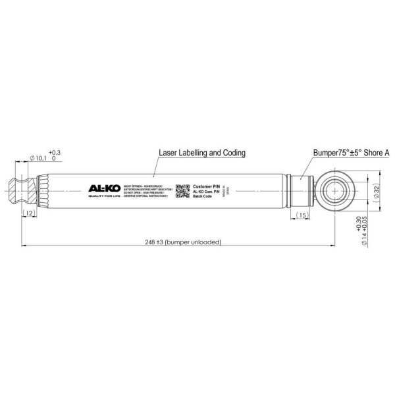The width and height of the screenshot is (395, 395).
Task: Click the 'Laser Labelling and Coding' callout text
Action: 202,153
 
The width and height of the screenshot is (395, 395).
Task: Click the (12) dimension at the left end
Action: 30,213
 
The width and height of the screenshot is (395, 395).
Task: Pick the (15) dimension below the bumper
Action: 302,215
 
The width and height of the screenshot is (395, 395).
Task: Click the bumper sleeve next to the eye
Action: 302,191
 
